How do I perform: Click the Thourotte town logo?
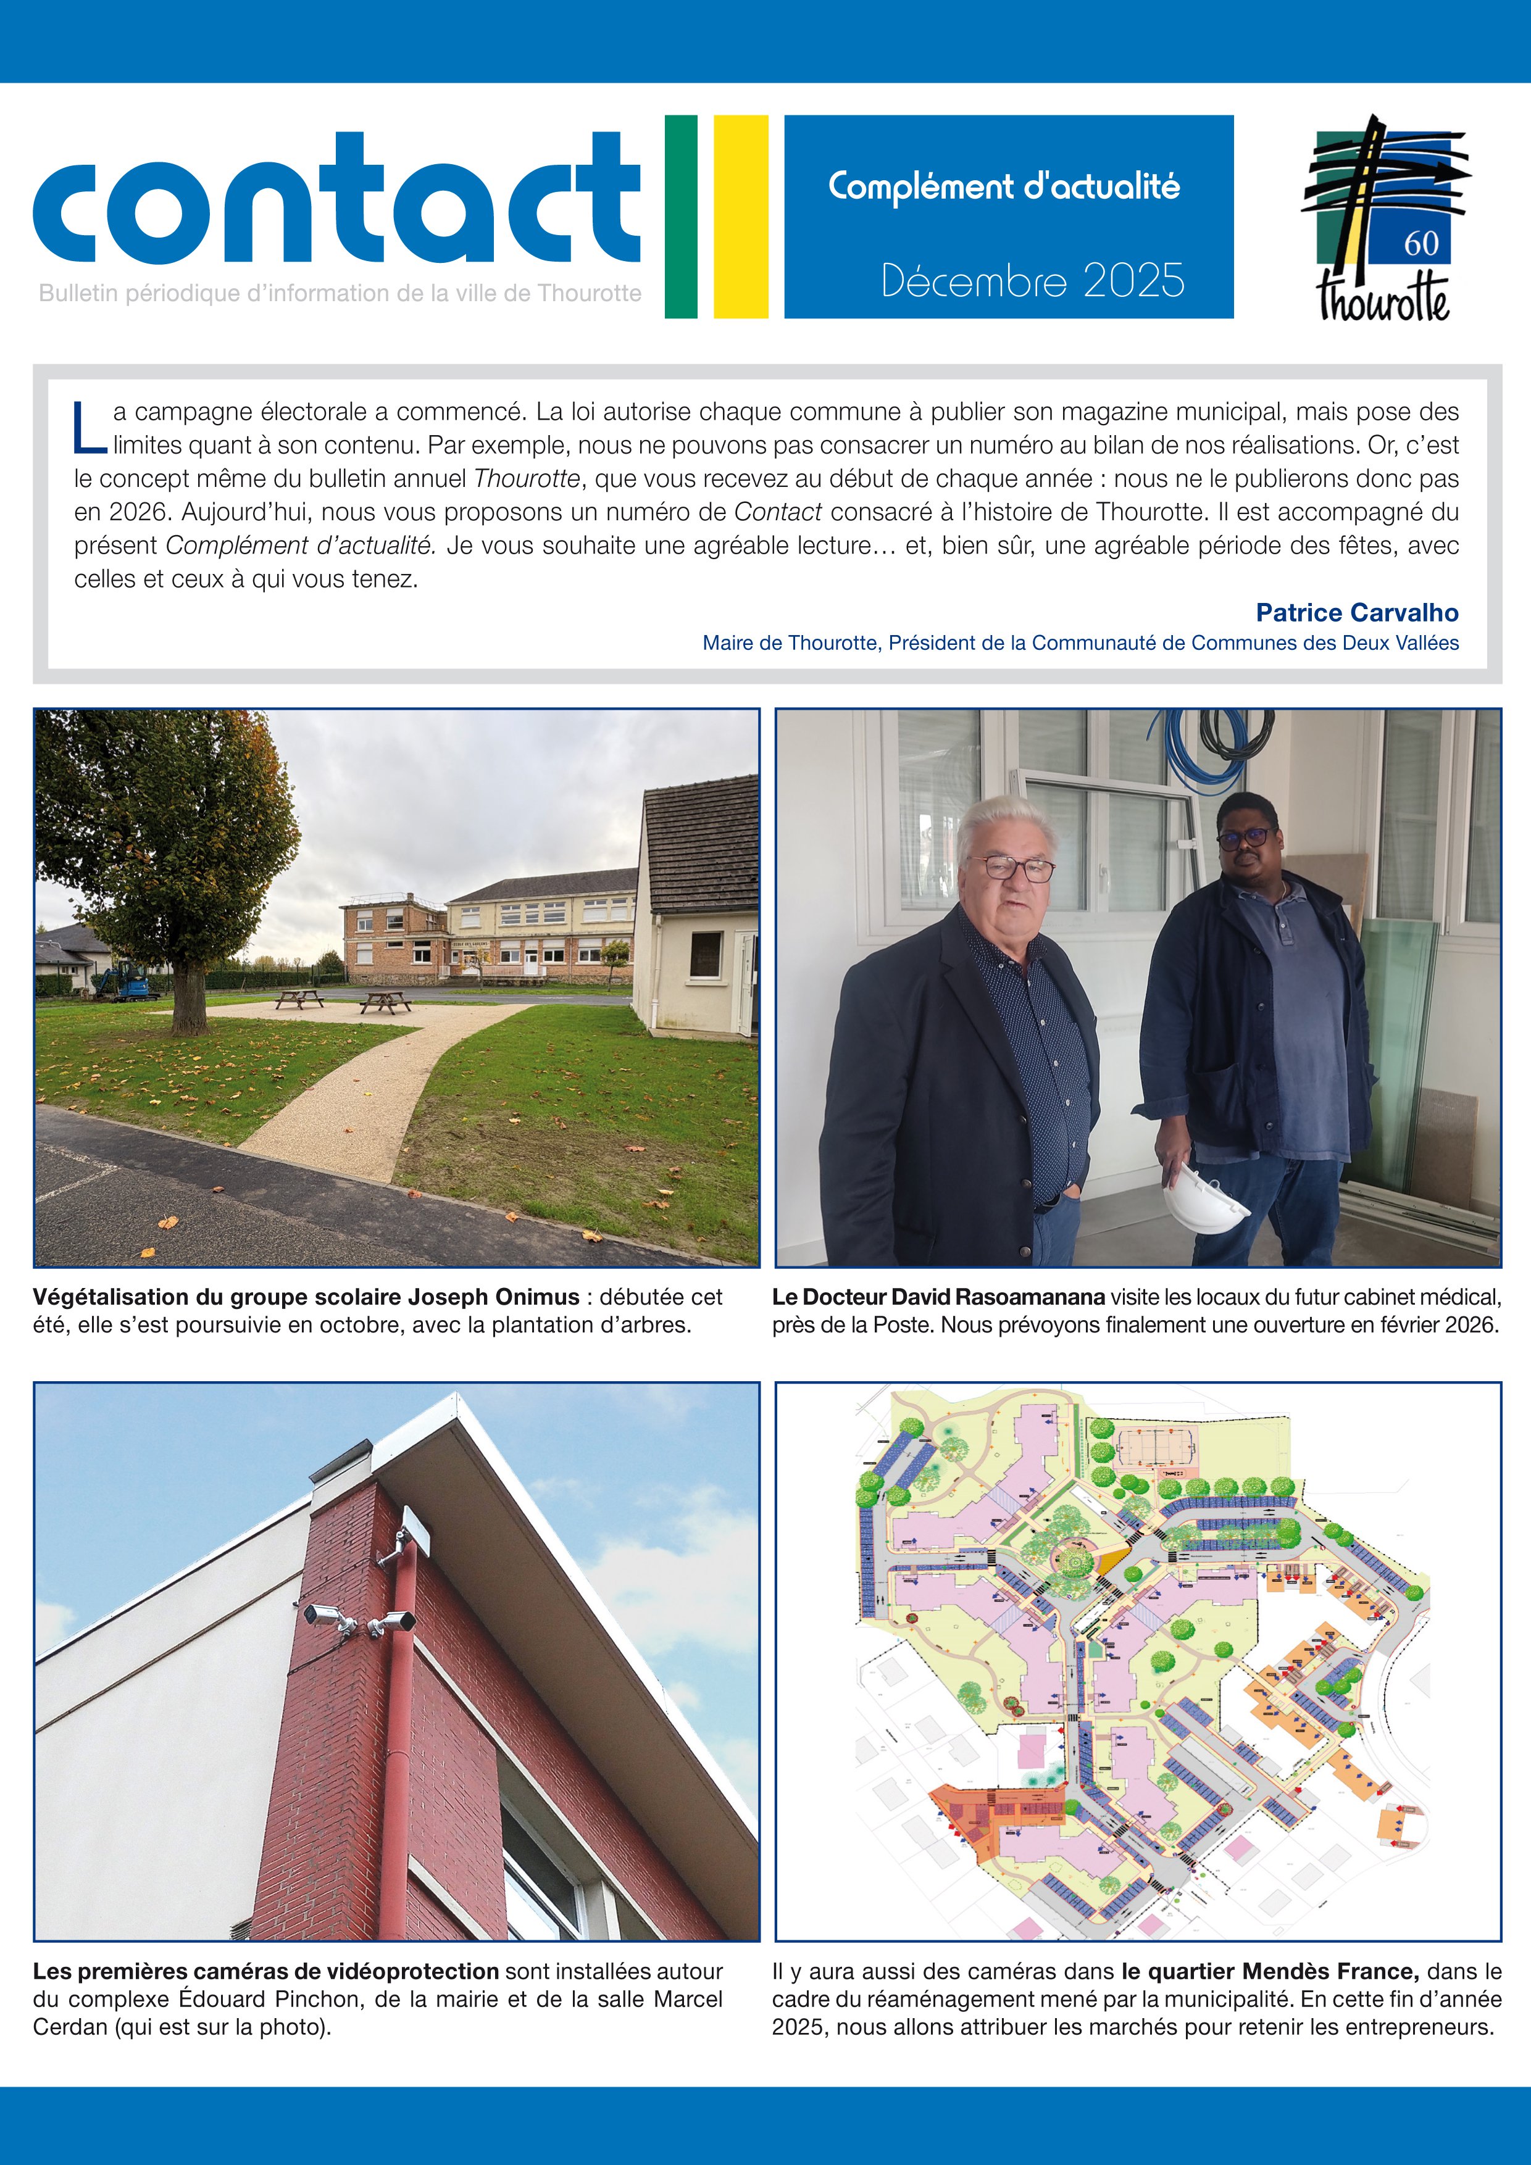point(1384,218)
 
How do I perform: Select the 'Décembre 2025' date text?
point(1032,280)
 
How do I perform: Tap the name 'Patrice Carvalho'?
point(1356,613)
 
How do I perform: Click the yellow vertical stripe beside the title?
point(741,216)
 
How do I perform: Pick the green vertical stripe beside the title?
point(680,216)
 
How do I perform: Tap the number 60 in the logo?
point(1420,243)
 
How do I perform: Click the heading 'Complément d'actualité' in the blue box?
point(1004,187)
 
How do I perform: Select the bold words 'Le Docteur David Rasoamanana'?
point(938,1297)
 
